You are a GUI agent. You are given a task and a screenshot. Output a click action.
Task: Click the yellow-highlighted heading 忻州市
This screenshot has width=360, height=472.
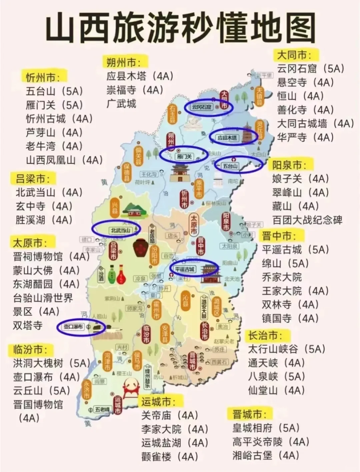click(43, 77)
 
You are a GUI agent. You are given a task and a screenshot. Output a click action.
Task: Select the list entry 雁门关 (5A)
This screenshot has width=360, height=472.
click(54, 105)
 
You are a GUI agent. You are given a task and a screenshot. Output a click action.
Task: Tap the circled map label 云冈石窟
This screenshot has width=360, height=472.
click(202, 107)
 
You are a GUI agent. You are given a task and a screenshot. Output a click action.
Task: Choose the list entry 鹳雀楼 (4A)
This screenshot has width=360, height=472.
click(170, 456)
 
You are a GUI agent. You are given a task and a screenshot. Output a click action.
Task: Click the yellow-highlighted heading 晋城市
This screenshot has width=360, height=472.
click(250, 414)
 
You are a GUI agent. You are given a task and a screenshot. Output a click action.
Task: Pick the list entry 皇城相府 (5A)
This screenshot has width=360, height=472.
click(266, 428)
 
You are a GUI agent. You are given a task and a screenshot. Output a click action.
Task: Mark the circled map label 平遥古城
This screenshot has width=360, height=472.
click(185, 269)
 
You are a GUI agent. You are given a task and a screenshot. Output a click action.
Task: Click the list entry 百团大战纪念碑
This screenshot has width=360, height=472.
click(307, 220)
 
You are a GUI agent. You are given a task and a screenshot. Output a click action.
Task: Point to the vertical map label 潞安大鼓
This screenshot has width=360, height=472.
click(204, 307)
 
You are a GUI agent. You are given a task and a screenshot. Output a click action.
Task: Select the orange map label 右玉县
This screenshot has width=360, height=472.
click(172, 114)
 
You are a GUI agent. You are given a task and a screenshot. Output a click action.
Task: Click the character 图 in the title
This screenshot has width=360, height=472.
click(295, 27)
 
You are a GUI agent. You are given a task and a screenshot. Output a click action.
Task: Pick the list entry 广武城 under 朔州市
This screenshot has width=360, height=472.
click(121, 104)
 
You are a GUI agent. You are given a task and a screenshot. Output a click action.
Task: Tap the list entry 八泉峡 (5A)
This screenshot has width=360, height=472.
click(276, 376)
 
